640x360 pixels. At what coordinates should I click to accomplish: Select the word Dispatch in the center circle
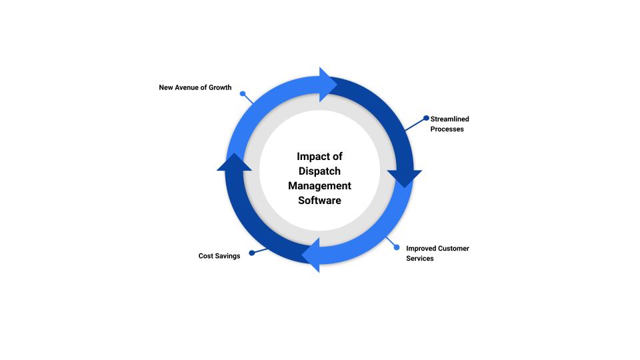pyautogui.click(x=319, y=171)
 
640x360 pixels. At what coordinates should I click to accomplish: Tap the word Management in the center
pyautogui.click(x=319, y=185)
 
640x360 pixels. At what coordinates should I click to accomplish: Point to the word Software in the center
pyautogui.click(x=319, y=200)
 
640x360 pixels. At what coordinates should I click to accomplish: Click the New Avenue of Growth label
pyautogui.click(x=195, y=87)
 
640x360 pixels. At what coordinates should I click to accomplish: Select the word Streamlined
pyautogui.click(x=449, y=119)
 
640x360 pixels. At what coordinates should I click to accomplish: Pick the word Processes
pyautogui.click(x=447, y=129)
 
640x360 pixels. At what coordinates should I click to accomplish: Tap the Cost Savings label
pyautogui.click(x=219, y=256)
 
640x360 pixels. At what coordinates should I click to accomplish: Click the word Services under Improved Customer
pyautogui.click(x=420, y=258)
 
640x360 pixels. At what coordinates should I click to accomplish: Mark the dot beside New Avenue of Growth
pyautogui.click(x=243, y=94)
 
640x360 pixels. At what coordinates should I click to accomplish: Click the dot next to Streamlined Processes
pyautogui.click(x=427, y=118)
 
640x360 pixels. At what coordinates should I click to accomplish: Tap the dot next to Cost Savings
pyautogui.click(x=251, y=253)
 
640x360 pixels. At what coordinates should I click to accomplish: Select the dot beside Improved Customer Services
pyautogui.click(x=397, y=247)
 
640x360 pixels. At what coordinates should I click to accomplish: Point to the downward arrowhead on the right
pyautogui.click(x=404, y=178)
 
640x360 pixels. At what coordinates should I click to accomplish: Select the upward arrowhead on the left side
pyautogui.click(x=235, y=162)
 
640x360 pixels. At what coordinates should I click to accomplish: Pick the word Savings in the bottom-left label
pyautogui.click(x=228, y=256)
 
